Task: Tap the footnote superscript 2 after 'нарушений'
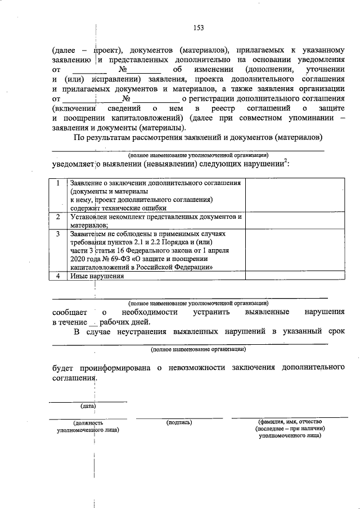[x=286, y=161]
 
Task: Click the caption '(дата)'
[x=87, y=405]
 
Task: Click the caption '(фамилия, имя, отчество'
[x=289, y=421]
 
